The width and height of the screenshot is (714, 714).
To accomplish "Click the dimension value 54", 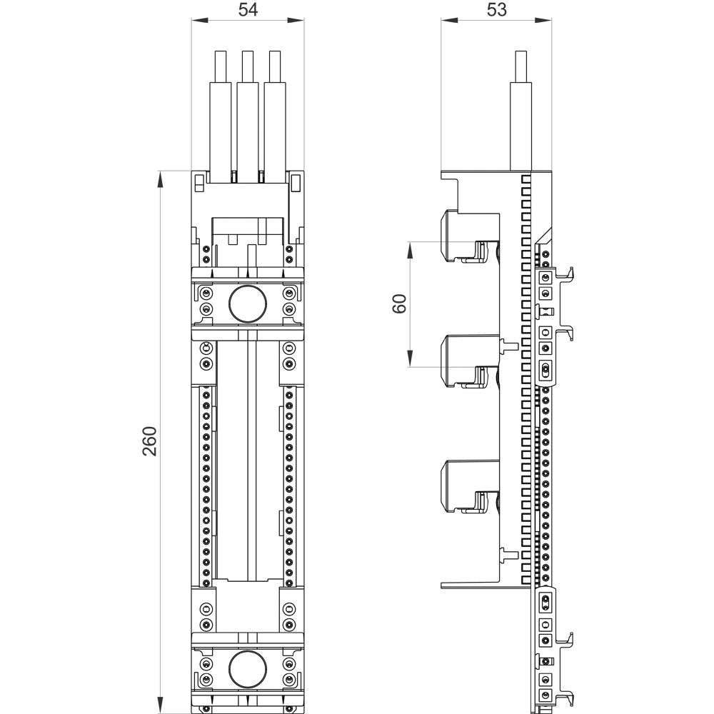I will click(x=248, y=10).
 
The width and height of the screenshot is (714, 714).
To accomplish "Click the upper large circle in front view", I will click(x=248, y=303).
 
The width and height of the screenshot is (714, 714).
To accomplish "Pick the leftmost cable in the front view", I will click(x=221, y=107).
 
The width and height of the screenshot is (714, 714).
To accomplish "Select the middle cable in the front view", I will click(x=248, y=107).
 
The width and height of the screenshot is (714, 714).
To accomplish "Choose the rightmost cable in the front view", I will click(x=275, y=107).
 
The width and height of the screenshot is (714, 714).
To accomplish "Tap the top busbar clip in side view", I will click(x=464, y=236).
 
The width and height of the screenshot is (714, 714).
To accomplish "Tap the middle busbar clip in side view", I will click(x=464, y=361).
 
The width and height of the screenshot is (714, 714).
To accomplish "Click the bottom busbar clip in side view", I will click(x=464, y=486).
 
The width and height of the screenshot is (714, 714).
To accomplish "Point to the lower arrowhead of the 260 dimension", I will click(x=160, y=707).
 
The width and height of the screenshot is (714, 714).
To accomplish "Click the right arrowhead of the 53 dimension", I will click(x=549, y=21).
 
